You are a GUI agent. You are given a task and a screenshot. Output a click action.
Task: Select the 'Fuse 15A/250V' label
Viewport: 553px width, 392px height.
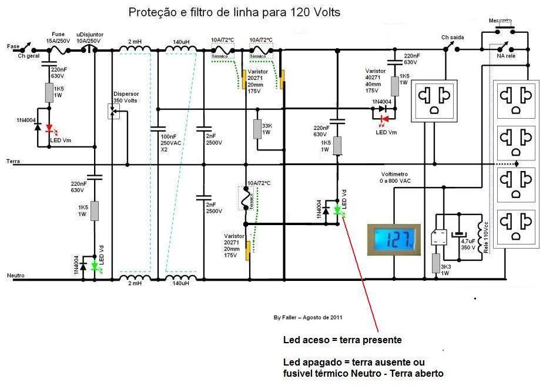[58, 37]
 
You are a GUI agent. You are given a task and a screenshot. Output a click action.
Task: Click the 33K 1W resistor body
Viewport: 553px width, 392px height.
[257, 129]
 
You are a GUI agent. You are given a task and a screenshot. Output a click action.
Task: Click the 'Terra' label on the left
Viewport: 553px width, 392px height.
[13, 160]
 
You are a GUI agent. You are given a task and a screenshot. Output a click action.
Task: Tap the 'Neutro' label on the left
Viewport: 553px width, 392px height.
[15, 275]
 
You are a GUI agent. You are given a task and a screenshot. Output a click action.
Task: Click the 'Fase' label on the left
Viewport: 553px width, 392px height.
[12, 46]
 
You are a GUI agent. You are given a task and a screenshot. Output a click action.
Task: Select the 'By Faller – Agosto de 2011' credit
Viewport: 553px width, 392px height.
[309, 317]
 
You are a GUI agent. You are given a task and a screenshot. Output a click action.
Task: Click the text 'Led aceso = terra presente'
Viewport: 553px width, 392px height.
[343, 340]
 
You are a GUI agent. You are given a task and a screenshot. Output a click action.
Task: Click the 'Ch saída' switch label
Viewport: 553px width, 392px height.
[453, 38]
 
